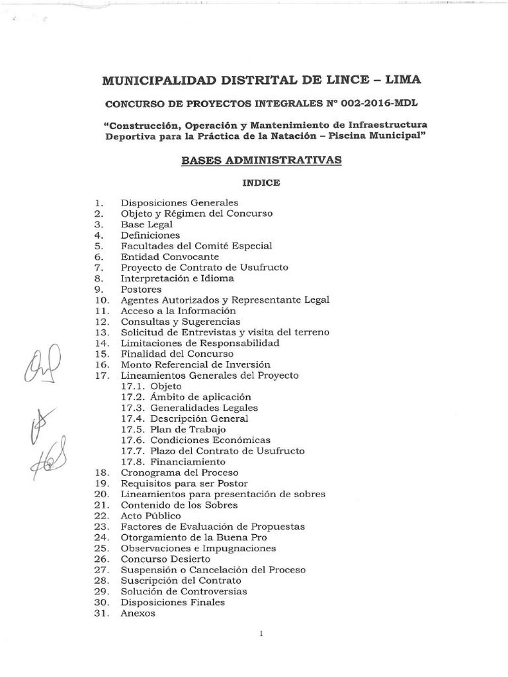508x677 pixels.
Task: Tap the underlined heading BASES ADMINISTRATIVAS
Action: pyautogui.click(x=261, y=160)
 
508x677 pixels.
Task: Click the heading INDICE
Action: pyautogui.click(x=261, y=182)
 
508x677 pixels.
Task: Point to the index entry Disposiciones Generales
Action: pyautogui.click(x=179, y=202)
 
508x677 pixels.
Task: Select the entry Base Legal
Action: pyautogui.click(x=146, y=224)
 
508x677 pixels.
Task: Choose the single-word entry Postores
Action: pyautogui.click(x=141, y=289)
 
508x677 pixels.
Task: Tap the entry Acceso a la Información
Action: pyautogui.click(x=178, y=311)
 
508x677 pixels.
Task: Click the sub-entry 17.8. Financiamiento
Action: pyautogui.click(x=174, y=461)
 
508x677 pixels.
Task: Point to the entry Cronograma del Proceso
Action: pyautogui.click(x=179, y=473)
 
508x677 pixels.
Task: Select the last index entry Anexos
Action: pyautogui.click(x=138, y=613)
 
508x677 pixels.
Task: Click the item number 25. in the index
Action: pyautogui.click(x=101, y=548)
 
